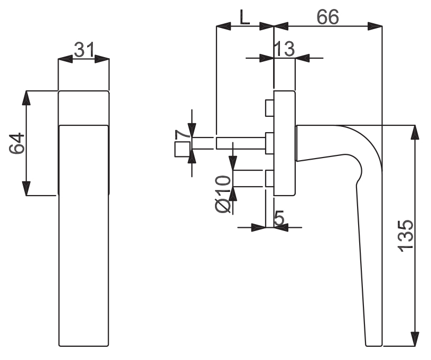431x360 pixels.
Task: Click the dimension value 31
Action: click(85, 50)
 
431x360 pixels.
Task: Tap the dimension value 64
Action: click(17, 143)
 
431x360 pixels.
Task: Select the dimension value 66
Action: click(328, 17)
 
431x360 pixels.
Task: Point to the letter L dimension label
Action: click(245, 17)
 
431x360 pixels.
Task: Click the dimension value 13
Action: click(285, 49)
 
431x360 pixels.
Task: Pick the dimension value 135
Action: click(406, 236)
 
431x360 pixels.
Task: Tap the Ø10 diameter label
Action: click(223, 194)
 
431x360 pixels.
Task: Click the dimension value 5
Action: click(279, 218)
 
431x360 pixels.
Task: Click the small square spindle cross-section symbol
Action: click(183, 150)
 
